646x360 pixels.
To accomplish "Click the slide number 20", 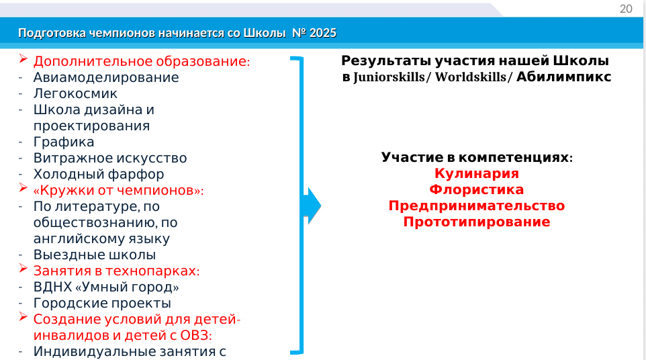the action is click(626, 9).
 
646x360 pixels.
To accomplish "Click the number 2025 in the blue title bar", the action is click(322, 33).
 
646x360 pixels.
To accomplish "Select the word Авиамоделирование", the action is click(106, 77).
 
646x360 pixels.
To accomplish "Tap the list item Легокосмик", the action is click(75, 93).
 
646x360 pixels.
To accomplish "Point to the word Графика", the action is click(64, 142).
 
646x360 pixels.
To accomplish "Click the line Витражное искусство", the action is click(110, 158).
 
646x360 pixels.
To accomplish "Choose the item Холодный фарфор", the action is click(99, 174).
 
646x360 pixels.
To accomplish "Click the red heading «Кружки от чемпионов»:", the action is click(119, 190).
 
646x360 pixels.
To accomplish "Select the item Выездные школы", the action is click(94, 255).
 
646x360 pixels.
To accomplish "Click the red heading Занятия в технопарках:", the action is click(117, 271).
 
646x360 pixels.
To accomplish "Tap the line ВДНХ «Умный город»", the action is click(106, 287).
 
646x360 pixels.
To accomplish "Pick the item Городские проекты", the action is click(102, 303).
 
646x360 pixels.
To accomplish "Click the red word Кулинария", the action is click(477, 173).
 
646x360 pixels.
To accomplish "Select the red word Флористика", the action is click(477, 189).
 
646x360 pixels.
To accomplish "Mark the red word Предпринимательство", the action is click(477, 206).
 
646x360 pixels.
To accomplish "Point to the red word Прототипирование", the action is click(477, 222).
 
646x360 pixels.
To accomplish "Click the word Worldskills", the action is click(470, 77).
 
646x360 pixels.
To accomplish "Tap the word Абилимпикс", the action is click(563, 77).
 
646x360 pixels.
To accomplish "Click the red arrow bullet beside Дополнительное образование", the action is click(23, 58).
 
